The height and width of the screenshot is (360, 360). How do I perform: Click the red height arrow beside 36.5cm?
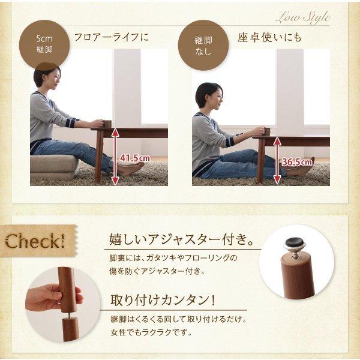click(277, 159)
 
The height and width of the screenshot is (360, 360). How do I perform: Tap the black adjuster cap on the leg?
click(293, 243)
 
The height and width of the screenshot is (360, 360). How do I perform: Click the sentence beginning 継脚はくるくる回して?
click(179, 319)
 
